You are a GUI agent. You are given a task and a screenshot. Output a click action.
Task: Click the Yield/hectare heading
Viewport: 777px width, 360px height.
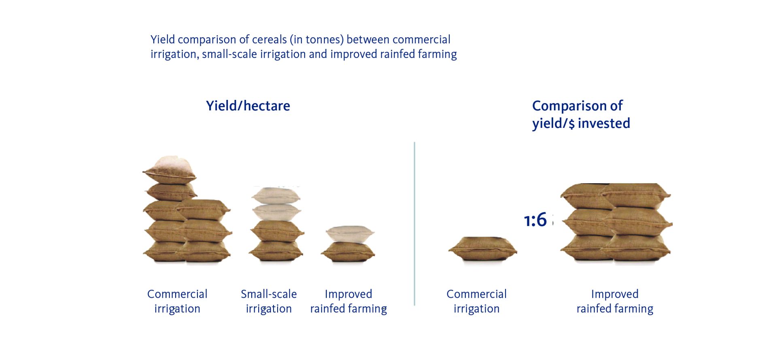248,106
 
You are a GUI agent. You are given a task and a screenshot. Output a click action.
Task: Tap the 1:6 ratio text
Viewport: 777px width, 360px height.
535,220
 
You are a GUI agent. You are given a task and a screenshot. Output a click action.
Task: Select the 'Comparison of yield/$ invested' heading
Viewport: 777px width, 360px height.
581,114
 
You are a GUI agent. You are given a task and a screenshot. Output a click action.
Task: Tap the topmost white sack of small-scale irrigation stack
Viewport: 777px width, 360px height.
276,196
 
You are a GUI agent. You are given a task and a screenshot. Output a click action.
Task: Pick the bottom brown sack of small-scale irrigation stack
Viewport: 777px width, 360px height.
276,252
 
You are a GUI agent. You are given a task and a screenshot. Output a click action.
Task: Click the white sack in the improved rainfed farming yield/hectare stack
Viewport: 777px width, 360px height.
350,234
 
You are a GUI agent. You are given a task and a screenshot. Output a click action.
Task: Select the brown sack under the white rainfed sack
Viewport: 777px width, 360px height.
348,252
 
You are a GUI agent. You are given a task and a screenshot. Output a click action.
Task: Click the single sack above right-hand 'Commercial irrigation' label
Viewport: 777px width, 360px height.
482,248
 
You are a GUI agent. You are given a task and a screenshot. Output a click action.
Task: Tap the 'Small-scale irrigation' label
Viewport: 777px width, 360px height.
269,301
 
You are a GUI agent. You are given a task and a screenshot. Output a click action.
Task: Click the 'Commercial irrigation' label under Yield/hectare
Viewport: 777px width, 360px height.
177,301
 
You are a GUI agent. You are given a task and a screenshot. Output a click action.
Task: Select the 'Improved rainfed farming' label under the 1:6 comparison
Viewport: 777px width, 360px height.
615,301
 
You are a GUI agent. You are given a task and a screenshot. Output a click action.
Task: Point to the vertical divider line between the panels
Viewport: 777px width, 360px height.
414,224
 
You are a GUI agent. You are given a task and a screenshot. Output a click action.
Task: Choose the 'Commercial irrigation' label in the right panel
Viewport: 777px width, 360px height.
477,301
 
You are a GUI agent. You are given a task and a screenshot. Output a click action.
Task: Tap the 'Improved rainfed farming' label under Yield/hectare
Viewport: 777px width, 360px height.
348,301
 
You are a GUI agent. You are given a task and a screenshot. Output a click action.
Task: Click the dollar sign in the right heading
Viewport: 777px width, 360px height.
571,124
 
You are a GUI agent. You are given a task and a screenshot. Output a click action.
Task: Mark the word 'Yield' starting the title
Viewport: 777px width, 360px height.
163,40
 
